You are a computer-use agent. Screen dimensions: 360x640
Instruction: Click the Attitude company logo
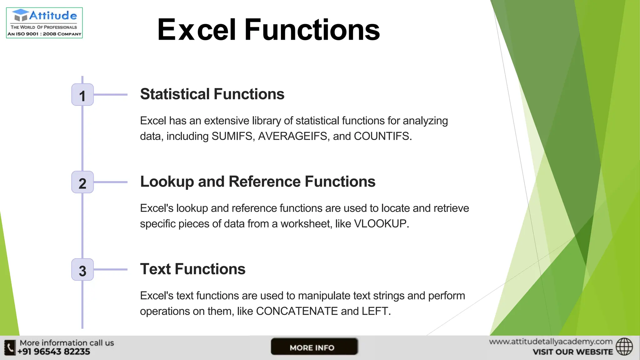click(44, 23)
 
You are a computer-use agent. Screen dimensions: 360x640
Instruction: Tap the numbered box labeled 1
click(82, 95)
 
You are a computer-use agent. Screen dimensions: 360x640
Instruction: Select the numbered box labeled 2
click(82, 182)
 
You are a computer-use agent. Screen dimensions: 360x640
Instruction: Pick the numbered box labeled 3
click(82, 270)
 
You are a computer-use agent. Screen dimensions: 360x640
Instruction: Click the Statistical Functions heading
click(212, 94)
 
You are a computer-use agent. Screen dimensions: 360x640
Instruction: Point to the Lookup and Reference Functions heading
click(257, 182)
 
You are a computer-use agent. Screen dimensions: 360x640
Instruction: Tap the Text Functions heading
click(192, 269)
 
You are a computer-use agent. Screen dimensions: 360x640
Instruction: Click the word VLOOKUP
click(380, 224)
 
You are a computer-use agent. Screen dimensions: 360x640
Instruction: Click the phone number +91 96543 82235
click(54, 352)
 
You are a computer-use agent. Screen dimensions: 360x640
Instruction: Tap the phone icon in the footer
click(10, 347)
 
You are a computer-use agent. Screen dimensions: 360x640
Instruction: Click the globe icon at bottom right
click(624, 347)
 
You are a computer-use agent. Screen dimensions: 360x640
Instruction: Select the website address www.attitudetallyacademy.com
click(551, 342)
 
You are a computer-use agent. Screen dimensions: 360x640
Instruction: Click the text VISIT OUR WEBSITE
click(572, 352)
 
